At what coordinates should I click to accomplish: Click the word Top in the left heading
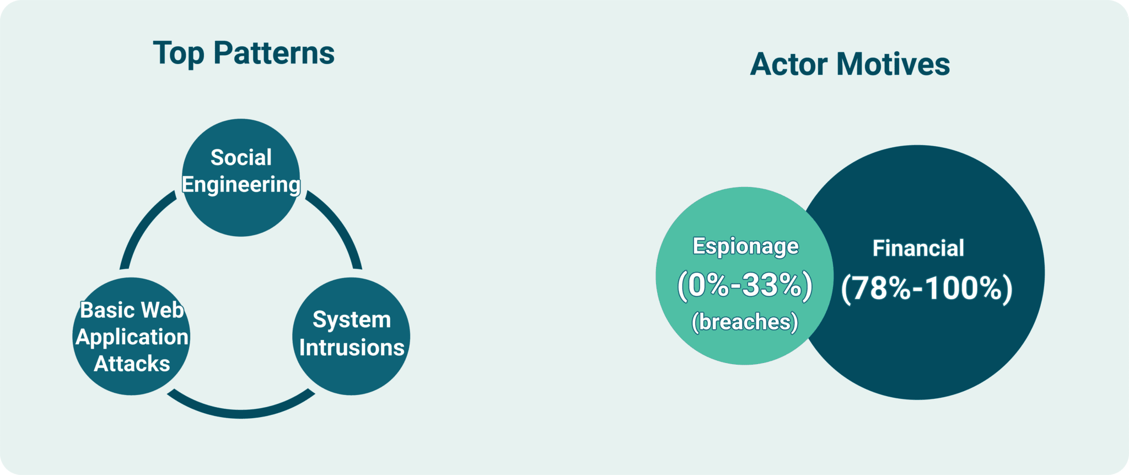tap(179, 54)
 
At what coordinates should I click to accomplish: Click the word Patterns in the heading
tap(274, 53)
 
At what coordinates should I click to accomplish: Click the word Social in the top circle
tap(241, 158)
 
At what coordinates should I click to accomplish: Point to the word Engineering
tap(241, 185)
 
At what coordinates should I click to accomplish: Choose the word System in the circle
tap(352, 320)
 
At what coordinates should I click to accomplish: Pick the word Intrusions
tap(352, 348)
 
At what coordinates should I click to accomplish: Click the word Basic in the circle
tap(107, 310)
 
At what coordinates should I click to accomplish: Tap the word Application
tap(132, 337)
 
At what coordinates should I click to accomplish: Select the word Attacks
tap(132, 364)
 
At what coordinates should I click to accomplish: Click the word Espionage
tap(745, 246)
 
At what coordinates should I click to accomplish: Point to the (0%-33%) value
tap(745, 285)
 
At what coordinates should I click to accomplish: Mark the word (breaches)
tap(745, 322)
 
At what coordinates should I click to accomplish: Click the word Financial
tap(918, 248)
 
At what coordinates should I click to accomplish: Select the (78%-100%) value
tap(927, 288)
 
